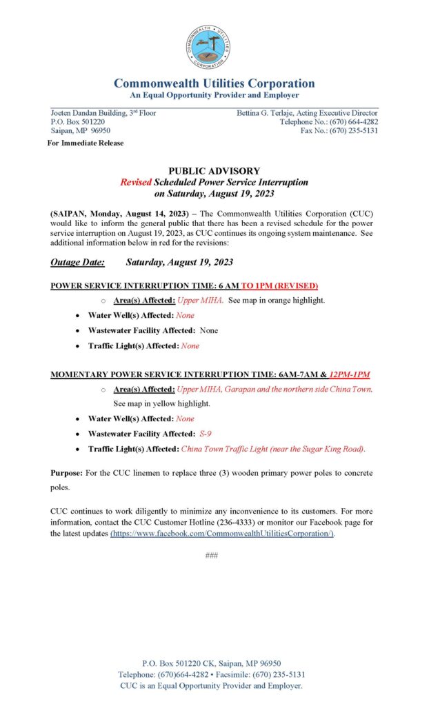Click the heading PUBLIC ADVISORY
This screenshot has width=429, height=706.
pos(214,171)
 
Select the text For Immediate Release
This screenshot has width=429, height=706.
pos(86,143)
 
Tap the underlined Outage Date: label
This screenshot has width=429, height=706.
pos(77,262)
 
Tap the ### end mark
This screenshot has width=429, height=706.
pos(212,556)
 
